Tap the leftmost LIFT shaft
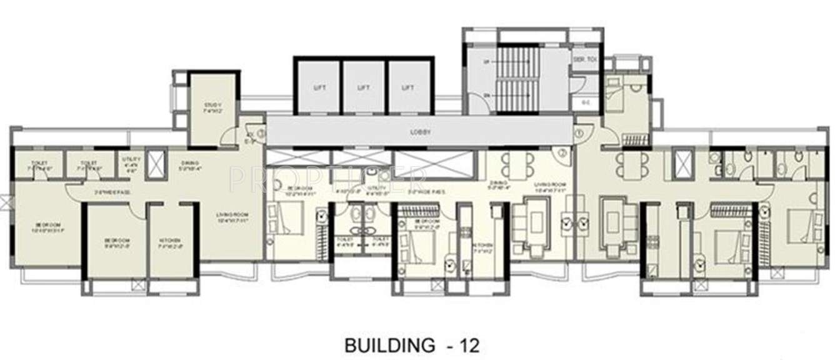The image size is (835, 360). (317, 87)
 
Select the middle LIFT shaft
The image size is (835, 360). (363, 87)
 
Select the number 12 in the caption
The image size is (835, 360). (468, 344)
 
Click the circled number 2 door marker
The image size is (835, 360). (562, 152)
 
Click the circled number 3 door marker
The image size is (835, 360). (579, 132)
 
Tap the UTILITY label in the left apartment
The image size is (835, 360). (132, 163)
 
